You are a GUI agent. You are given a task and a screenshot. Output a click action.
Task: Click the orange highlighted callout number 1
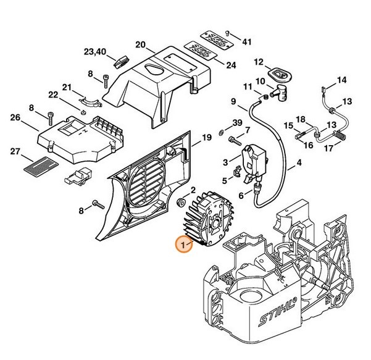[x=181, y=245]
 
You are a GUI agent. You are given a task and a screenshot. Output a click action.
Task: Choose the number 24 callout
[x=231, y=65]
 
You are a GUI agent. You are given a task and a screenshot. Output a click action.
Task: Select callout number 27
[x=15, y=151]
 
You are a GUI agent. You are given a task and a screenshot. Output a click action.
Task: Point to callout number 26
[x=15, y=117]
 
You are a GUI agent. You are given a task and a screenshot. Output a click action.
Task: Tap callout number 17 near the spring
[x=346, y=148]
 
